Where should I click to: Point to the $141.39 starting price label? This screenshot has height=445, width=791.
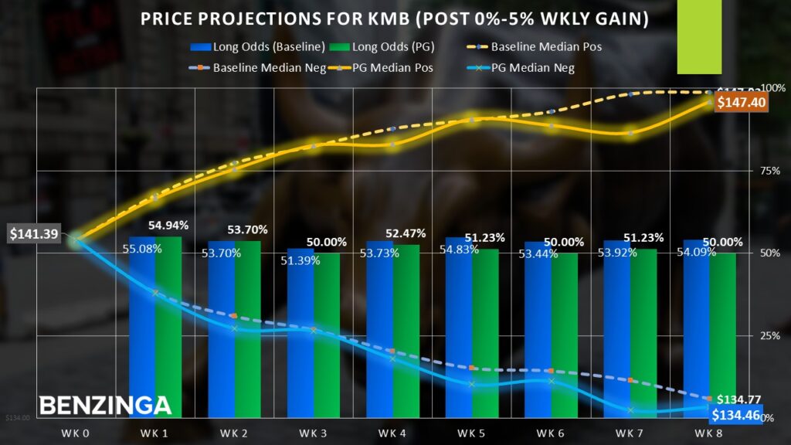34,233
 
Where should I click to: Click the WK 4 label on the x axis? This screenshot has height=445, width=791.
392,433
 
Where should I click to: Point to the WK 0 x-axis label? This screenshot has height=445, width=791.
76,433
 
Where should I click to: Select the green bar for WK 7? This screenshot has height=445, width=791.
643,333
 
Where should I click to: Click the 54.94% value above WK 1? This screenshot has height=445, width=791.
168,226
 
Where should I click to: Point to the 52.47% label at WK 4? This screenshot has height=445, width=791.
406,233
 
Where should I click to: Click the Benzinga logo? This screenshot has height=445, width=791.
105,405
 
